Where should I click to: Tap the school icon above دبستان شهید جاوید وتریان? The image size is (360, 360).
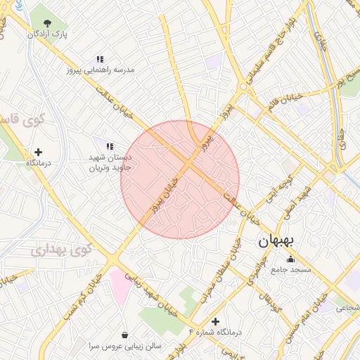click(109, 146)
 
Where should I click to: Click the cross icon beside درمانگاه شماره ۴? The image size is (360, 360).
click(215, 321)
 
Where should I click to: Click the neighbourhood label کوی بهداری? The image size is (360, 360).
click(63, 249)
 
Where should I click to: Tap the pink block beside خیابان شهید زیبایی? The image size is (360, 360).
click(119, 288)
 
